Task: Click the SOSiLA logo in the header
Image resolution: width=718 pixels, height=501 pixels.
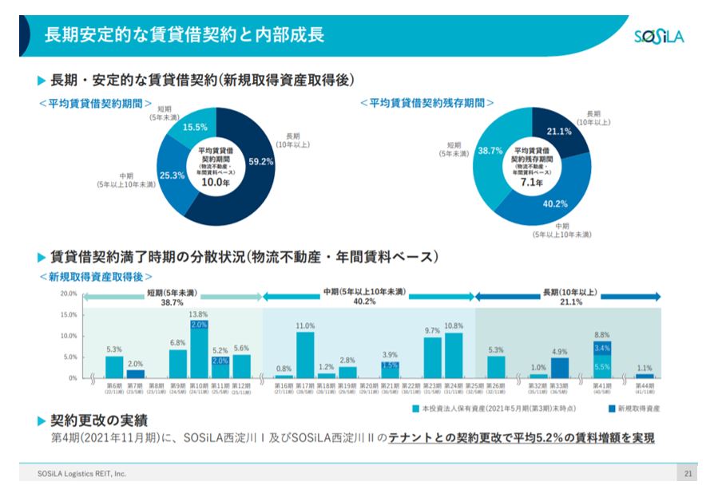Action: coord(658,37)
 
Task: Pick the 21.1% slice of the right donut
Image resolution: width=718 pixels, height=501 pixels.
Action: coord(558,132)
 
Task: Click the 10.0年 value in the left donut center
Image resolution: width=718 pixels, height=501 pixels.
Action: coord(213,182)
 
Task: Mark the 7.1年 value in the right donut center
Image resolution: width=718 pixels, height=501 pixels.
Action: coord(531,182)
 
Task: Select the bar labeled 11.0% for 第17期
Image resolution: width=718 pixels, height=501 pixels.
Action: coord(305,354)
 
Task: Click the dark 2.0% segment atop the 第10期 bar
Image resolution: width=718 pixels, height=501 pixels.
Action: coord(199,325)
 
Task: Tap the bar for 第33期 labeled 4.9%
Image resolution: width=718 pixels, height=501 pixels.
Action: coord(560,367)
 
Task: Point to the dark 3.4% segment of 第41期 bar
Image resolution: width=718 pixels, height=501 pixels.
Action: coord(602,348)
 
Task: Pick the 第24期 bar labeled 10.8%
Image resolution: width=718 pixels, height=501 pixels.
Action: coord(454,355)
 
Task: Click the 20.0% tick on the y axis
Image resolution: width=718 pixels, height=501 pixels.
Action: coord(69,294)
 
